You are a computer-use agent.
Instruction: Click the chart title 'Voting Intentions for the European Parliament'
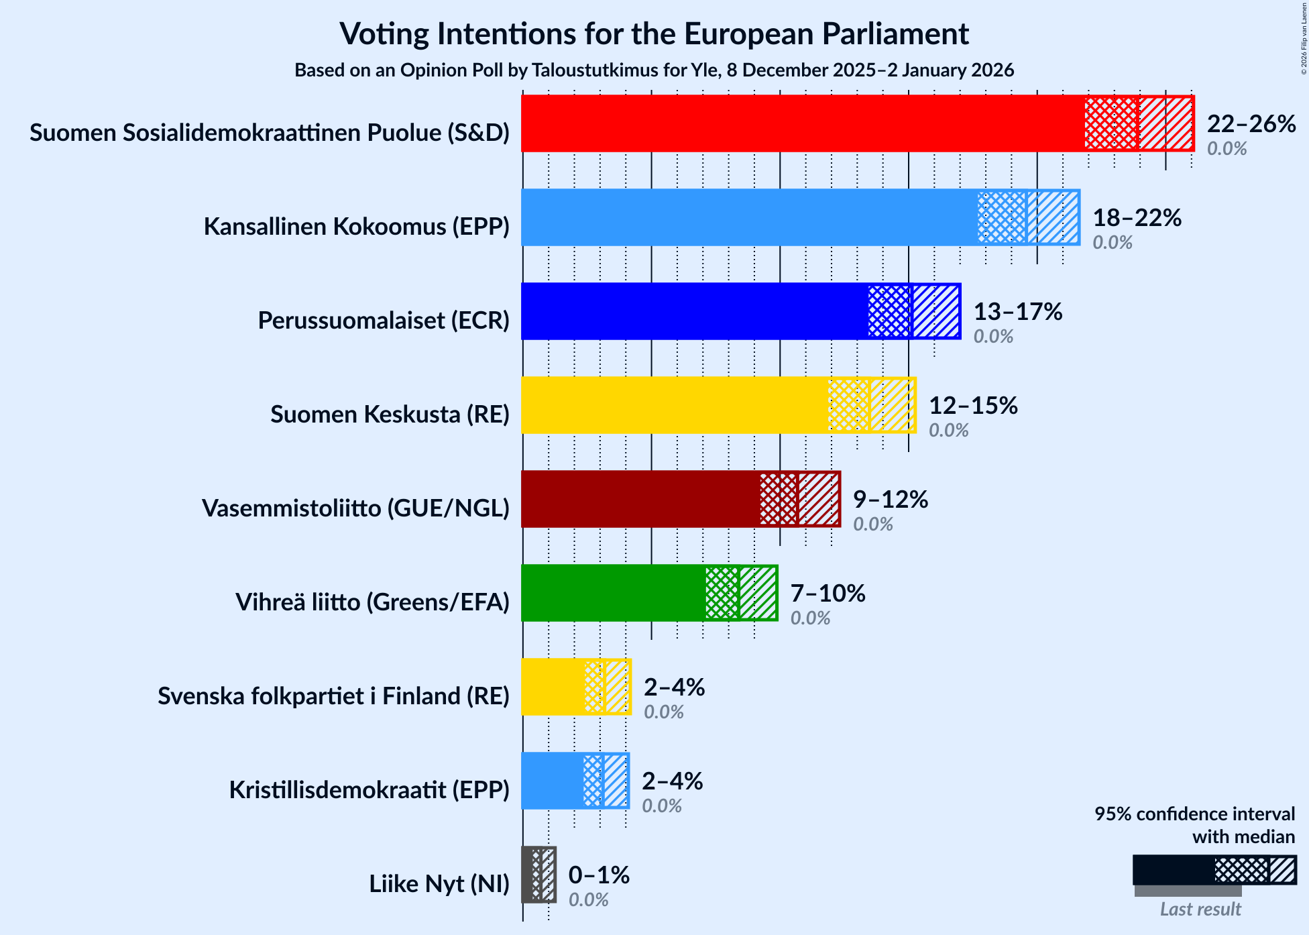coord(654,34)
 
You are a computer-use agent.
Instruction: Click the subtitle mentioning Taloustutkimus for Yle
coord(654,70)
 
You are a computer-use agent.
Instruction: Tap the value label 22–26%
coord(1251,124)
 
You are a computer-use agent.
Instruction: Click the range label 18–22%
coord(1137,218)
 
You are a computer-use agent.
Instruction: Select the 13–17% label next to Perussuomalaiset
coord(1017,312)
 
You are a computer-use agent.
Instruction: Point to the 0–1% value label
coord(599,875)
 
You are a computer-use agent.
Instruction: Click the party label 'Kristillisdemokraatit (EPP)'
coord(369,790)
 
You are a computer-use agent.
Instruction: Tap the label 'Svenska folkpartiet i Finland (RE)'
coord(333,696)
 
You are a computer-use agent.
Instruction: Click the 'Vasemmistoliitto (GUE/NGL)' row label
coord(355,508)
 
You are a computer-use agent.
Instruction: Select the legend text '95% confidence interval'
coord(1194,814)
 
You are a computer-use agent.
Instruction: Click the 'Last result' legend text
coord(1200,910)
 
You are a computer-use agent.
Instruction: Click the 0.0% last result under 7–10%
coord(810,618)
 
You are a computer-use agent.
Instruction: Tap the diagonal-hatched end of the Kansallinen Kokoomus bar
coord(1053,217)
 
